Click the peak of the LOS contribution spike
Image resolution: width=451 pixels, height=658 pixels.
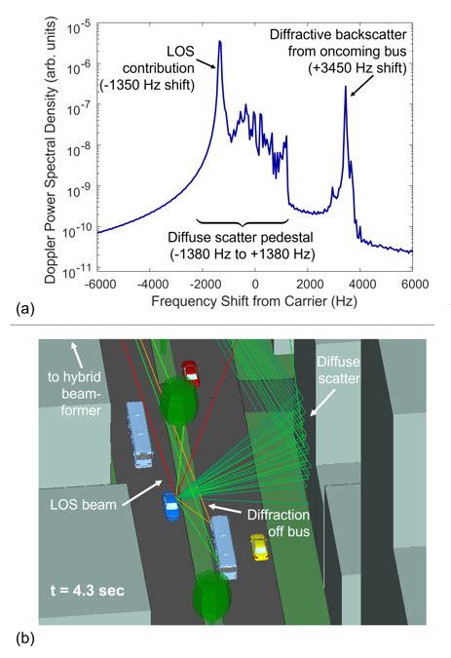220,42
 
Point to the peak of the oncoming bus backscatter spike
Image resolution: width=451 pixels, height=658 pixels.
345,87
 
